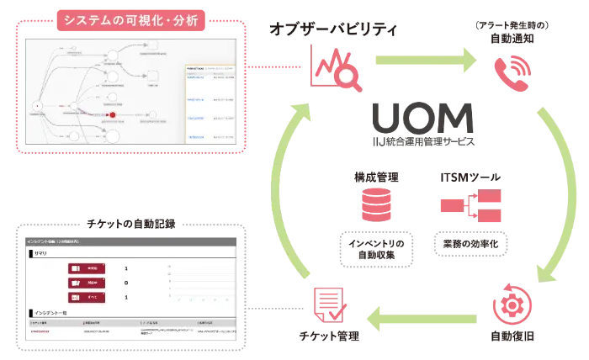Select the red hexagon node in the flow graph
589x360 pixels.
[x=110, y=114]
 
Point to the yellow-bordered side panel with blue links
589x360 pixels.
[x=209, y=100]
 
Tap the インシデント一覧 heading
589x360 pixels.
[x=48, y=311]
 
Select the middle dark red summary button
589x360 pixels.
[x=88, y=283]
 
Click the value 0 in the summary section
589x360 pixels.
[x=126, y=283]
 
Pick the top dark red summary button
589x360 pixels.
[x=88, y=269]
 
